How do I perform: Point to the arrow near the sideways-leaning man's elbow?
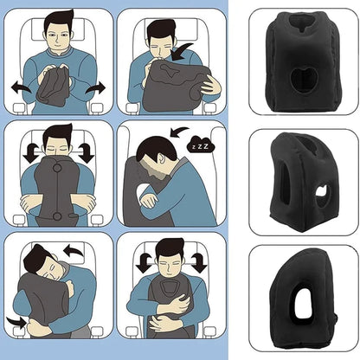(16, 321)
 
